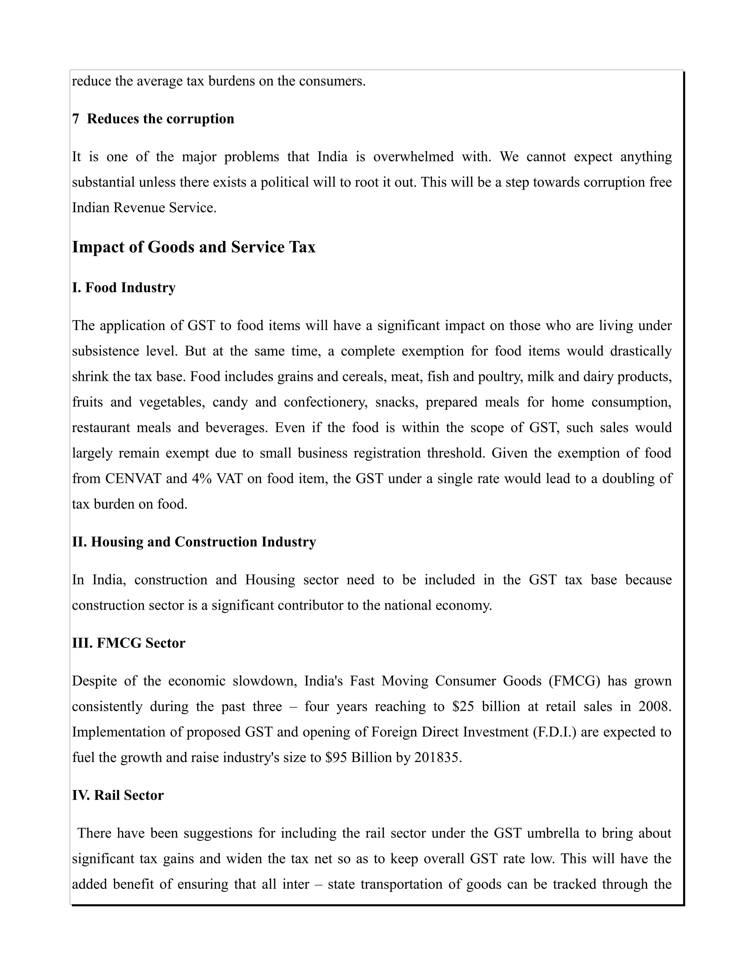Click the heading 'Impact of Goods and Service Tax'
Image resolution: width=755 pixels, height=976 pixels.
pos(194,247)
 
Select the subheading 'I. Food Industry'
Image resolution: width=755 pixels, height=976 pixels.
pos(124,287)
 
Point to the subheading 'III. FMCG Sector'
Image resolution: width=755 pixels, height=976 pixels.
pos(129,643)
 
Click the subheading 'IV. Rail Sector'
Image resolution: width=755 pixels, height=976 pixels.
pos(118,795)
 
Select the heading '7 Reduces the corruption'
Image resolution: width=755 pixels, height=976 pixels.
pos(153,119)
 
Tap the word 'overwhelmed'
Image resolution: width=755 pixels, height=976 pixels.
pos(413,157)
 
